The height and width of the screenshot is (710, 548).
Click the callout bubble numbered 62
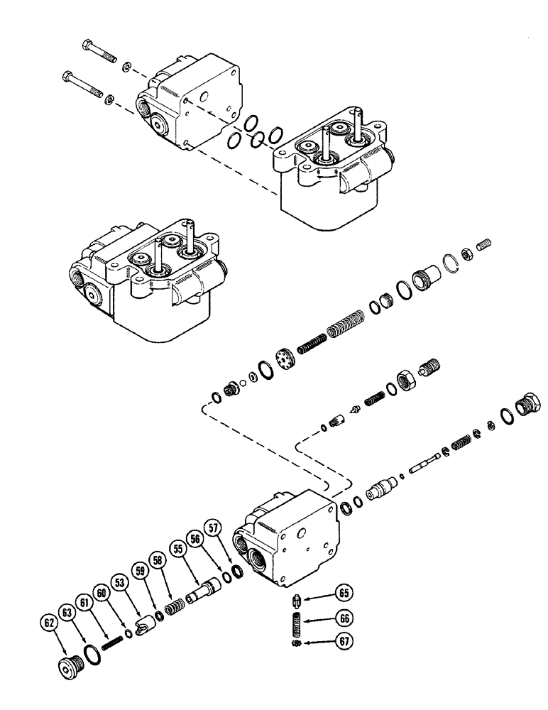point(49,625)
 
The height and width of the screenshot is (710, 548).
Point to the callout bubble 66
point(344,617)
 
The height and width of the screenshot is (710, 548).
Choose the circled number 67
point(344,640)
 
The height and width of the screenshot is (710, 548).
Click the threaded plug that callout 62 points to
point(69,667)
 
